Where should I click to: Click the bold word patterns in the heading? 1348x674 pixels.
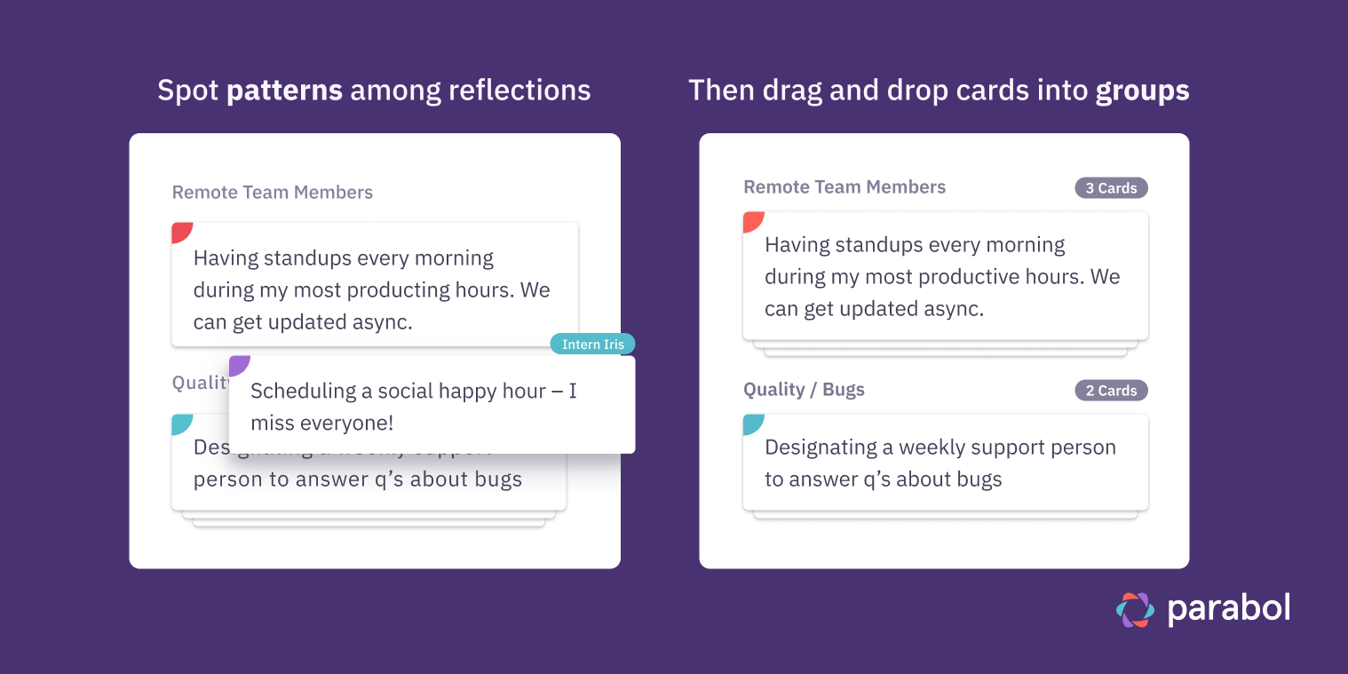pyautogui.click(x=284, y=91)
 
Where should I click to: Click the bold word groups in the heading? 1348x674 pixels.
pyautogui.click(x=1142, y=91)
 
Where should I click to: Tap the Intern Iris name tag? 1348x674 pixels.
pyautogui.click(x=592, y=345)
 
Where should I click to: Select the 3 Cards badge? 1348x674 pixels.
pyautogui.click(x=1111, y=188)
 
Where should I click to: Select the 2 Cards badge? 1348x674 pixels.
pyautogui.click(x=1111, y=391)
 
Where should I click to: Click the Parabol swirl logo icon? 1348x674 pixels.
pyautogui.click(x=1135, y=609)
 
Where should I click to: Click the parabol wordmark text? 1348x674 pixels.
pyautogui.click(x=1228, y=609)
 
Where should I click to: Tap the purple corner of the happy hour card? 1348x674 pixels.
pyautogui.click(x=238, y=364)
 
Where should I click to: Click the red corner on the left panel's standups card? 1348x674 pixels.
pyautogui.click(x=180, y=231)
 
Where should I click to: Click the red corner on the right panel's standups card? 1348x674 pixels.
pyautogui.click(x=751, y=220)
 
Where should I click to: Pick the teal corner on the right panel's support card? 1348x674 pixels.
pyautogui.click(x=751, y=423)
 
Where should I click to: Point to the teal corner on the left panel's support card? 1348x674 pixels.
pyautogui.click(x=180, y=423)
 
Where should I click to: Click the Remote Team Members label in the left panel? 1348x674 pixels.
pyautogui.click(x=272, y=193)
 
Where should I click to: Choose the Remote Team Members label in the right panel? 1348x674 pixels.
pyautogui.click(x=844, y=187)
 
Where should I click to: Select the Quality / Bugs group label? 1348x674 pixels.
pyautogui.click(x=804, y=390)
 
